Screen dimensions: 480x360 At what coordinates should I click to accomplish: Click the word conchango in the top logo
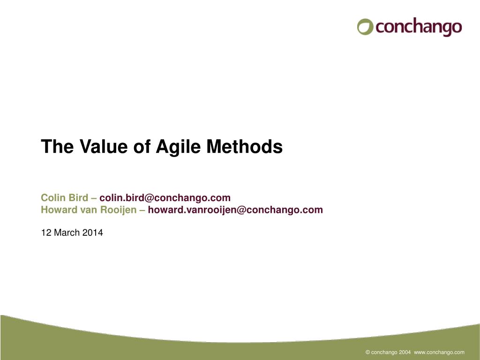(x=419, y=27)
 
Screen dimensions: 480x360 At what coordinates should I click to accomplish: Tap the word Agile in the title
(x=178, y=147)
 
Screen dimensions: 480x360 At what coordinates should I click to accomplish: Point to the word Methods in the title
(x=244, y=146)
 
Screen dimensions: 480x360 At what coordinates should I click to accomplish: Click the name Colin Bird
(x=65, y=198)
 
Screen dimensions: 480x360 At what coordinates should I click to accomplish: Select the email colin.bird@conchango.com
(x=165, y=198)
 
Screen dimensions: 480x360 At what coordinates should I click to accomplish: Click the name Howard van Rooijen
(x=89, y=210)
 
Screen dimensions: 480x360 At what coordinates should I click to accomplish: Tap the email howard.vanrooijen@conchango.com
(x=235, y=210)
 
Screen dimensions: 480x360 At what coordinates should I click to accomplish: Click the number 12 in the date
(x=46, y=232)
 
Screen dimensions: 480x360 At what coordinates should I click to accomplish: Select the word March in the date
(x=67, y=232)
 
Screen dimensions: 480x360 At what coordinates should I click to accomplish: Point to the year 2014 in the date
(x=93, y=232)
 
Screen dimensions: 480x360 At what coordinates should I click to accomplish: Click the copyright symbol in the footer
(x=368, y=352)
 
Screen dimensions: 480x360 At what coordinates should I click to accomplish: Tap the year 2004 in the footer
(x=405, y=352)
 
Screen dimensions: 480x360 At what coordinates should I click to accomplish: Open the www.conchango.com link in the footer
(x=439, y=352)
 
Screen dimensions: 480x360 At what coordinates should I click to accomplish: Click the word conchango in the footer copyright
(x=384, y=352)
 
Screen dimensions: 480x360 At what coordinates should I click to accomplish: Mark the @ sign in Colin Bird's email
(x=149, y=198)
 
